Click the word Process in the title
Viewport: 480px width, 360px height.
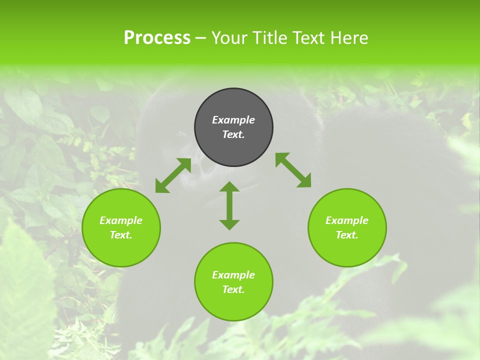click(x=157, y=38)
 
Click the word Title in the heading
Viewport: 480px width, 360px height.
click(x=269, y=38)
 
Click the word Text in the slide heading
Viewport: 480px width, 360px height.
click(x=308, y=38)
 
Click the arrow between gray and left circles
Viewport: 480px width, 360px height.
click(x=173, y=175)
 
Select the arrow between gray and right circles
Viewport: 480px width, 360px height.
click(x=293, y=170)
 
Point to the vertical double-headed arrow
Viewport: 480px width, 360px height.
click(x=229, y=205)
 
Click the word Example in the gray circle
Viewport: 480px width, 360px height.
click(x=233, y=120)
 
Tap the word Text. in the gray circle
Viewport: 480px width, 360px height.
click(x=233, y=134)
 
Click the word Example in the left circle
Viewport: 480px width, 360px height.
click(x=121, y=220)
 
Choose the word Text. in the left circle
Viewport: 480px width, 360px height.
click(x=121, y=235)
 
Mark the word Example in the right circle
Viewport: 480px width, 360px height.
click(x=347, y=220)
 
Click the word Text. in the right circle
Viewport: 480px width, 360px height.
click(x=347, y=235)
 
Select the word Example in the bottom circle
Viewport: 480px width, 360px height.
click(x=233, y=275)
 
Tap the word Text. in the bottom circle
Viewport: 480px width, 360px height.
click(x=233, y=289)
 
